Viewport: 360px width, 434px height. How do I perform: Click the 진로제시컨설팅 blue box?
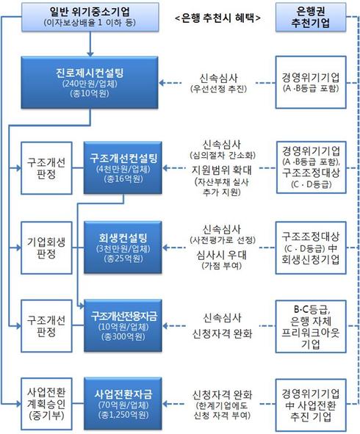click(90, 82)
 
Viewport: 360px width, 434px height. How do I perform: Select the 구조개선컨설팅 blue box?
click(123, 167)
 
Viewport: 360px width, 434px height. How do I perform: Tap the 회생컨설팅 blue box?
click(123, 247)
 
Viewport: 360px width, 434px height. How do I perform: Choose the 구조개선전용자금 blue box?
click(123, 325)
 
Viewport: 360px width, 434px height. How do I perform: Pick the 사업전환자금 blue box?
click(123, 404)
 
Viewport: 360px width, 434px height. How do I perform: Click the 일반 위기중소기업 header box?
click(90, 17)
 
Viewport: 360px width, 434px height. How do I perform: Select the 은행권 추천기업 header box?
click(311, 17)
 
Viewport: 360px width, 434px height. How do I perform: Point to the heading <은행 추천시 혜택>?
click(218, 18)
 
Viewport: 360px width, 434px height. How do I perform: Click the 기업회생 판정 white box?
click(46, 247)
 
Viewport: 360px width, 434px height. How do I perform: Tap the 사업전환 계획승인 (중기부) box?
click(46, 404)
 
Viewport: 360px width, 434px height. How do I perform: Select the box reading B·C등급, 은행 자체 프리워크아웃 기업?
click(311, 326)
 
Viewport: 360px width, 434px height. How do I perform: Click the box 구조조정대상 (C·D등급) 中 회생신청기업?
click(311, 247)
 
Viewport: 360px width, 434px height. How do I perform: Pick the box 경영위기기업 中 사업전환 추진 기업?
click(311, 404)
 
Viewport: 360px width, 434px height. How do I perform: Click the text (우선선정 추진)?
click(218, 89)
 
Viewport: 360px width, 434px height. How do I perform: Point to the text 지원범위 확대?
click(222, 170)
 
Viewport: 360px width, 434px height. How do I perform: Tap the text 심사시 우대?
click(222, 255)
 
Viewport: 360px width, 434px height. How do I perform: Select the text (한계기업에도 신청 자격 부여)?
click(222, 411)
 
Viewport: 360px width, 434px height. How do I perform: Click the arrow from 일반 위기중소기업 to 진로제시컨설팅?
click(90, 44)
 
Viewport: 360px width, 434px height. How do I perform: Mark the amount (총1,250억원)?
click(123, 415)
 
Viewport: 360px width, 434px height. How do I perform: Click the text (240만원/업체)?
click(90, 83)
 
